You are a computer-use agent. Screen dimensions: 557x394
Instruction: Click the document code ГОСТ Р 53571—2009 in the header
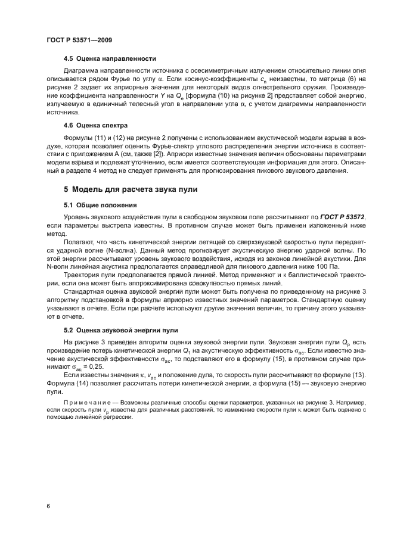pyautogui.click(x=79, y=40)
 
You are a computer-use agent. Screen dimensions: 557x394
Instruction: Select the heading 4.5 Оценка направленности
pyautogui.click(x=110, y=58)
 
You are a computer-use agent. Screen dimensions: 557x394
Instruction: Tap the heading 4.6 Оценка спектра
pyautogui.click(x=95, y=125)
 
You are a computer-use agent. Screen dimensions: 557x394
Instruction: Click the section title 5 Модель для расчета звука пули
pyautogui.click(x=131, y=190)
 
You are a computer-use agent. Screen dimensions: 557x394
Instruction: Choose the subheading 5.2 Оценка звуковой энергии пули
pyautogui.click(x=123, y=329)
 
